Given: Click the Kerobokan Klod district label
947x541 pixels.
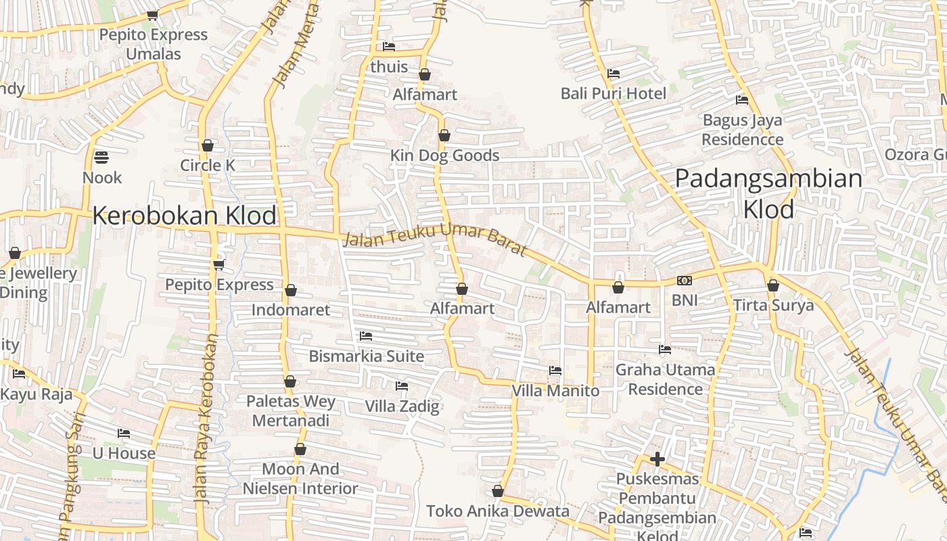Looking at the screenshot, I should (184, 216).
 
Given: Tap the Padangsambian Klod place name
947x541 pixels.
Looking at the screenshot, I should (768, 194).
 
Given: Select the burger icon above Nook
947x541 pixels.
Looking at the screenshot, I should (101, 158).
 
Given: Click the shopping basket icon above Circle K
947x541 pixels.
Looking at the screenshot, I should (208, 145).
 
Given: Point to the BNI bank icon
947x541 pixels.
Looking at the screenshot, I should (684, 281).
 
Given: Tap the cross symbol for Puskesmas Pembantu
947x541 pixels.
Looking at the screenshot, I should (657, 460).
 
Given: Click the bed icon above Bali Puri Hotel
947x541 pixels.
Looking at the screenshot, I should (614, 73).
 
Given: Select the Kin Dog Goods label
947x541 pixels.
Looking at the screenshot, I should (444, 156).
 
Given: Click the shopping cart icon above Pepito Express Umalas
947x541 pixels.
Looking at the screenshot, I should (153, 15).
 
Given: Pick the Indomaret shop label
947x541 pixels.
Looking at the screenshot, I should (291, 310).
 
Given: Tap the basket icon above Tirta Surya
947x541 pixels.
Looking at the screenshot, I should (773, 285).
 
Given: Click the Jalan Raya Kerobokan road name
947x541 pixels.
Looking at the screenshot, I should (206, 419).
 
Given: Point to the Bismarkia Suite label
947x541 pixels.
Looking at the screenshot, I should (367, 356).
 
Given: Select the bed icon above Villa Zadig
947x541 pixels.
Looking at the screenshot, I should (402, 386).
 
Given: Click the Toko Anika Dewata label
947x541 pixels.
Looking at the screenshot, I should (498, 511).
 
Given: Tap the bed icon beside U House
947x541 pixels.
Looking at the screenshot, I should (124, 433).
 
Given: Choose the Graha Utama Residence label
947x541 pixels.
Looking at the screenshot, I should (665, 379).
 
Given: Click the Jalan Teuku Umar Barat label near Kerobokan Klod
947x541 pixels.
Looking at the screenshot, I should (434, 241).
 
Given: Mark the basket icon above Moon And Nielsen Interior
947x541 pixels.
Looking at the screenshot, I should (300, 449).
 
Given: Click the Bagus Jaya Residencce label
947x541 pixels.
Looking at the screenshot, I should (742, 130).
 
